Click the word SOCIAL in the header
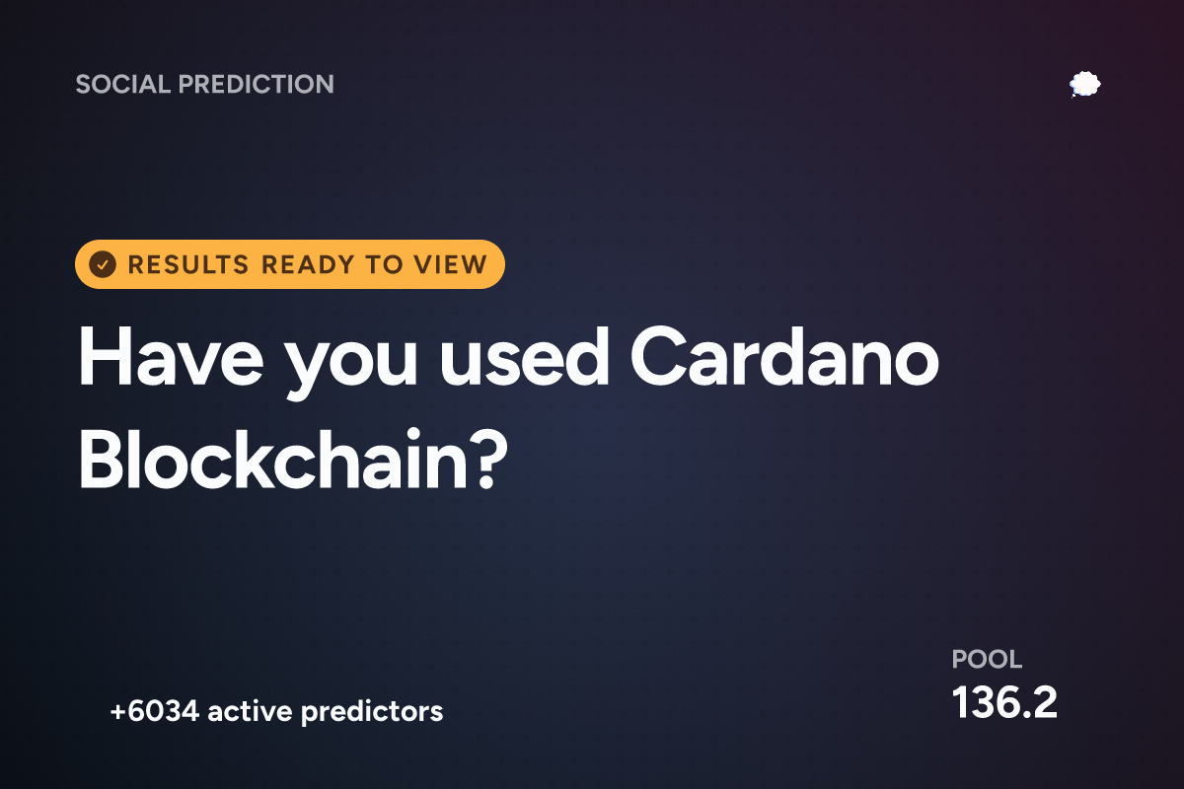123,84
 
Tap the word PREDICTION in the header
257,84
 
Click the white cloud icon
1084,84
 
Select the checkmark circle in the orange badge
103,264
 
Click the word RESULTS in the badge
188,264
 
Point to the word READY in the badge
308,264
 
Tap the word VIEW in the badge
450,264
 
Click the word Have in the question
171,357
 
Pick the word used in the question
524,357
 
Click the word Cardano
784,357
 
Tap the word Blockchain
272,459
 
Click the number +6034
154,711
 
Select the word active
250,711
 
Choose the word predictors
372,712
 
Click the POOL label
987,659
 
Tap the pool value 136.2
1004,702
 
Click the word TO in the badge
384,264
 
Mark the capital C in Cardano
658,357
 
